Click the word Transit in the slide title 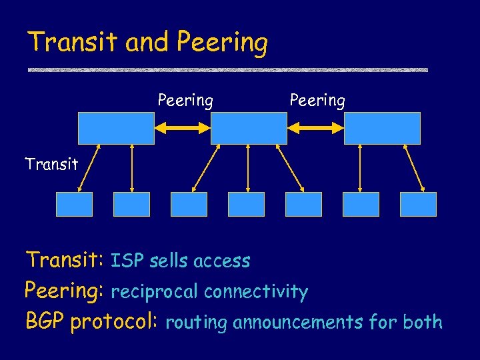[x=73, y=42]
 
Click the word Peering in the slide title [x=223, y=43]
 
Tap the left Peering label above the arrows [x=185, y=101]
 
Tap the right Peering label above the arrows [x=317, y=101]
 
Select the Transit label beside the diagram [x=51, y=164]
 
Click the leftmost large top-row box [x=116, y=128]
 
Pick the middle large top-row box [x=249, y=128]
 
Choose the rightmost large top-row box [x=382, y=128]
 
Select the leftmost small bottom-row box [x=74, y=204]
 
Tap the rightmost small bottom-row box [x=418, y=204]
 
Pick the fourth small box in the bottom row [x=246, y=204]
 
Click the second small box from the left [x=131, y=204]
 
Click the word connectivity [x=256, y=292]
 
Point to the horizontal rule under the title [x=227, y=69]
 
